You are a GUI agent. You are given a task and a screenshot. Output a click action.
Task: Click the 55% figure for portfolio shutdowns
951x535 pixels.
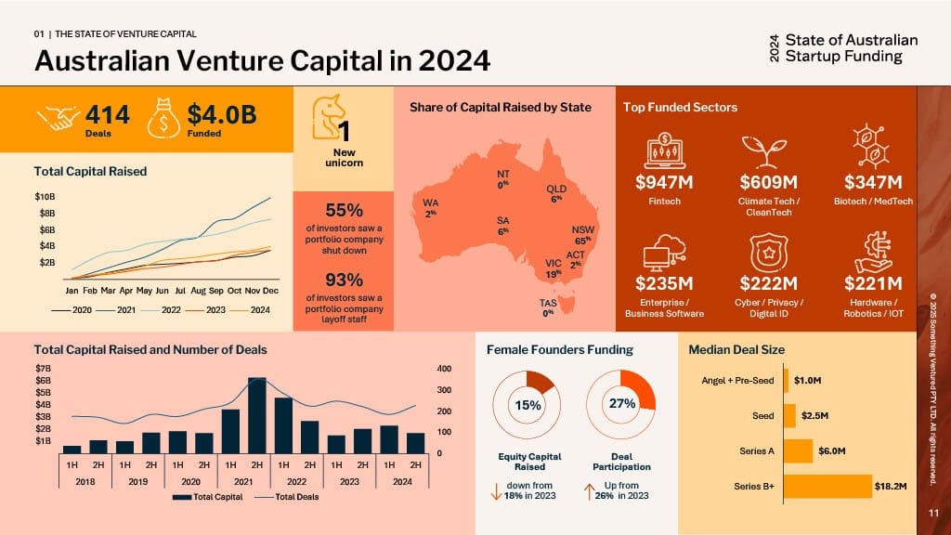tap(344, 210)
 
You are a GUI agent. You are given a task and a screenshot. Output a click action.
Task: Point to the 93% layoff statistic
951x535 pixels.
tap(344, 280)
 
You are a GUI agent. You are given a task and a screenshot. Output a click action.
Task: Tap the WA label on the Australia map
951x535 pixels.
tap(430, 205)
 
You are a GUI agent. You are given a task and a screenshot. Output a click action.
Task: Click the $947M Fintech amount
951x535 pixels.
tap(665, 181)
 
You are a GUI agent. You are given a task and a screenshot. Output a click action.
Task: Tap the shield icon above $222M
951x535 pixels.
tap(770, 251)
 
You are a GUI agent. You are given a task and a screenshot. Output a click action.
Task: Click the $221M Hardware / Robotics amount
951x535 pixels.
tap(873, 283)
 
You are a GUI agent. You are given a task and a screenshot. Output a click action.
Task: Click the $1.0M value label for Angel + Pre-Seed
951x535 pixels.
tap(808, 380)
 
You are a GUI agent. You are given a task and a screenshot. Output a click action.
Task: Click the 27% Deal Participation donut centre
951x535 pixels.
tap(620, 404)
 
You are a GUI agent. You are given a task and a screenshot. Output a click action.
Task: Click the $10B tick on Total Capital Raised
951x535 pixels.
tap(45, 197)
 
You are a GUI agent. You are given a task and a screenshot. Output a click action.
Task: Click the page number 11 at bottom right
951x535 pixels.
tap(933, 513)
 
